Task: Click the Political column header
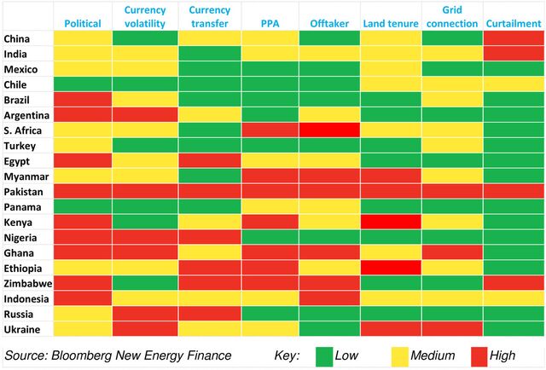[x=83, y=23]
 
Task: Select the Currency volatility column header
[x=144, y=16]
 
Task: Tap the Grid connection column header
[x=451, y=16]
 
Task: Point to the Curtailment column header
[x=513, y=23]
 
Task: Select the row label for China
[x=19, y=38]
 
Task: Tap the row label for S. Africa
[x=24, y=130]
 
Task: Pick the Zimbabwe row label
[x=28, y=284]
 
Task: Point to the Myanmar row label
[x=26, y=176]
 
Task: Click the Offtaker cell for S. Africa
[x=329, y=130]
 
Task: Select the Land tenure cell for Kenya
[x=391, y=223]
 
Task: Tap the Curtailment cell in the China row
[x=514, y=38]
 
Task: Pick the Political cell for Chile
[x=83, y=84]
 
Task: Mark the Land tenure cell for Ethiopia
[x=391, y=269]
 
